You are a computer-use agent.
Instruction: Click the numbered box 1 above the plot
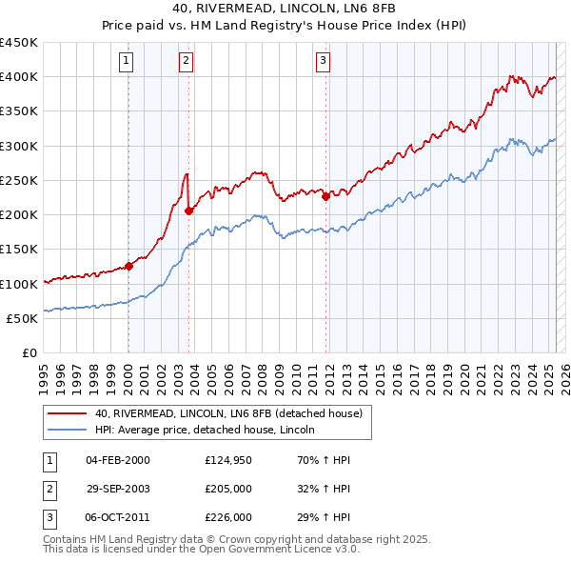[128, 61]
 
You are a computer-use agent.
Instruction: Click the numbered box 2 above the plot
[186, 61]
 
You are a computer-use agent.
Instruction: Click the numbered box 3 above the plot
[323, 61]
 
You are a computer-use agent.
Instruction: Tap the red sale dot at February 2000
[129, 267]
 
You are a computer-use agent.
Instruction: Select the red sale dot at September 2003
[189, 211]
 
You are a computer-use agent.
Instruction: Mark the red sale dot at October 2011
[325, 197]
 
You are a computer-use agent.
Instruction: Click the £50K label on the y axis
[23, 318]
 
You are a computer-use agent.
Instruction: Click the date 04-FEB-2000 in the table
[118, 460]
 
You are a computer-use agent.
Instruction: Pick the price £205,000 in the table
[228, 489]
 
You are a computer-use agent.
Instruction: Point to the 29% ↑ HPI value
[325, 517]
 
